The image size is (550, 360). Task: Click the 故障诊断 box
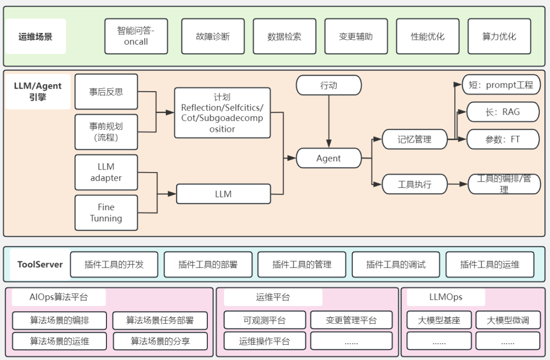click(x=213, y=37)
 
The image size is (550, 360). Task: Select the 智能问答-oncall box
click(x=136, y=37)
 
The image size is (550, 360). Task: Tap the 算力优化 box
click(x=499, y=37)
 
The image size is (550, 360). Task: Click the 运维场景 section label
click(x=35, y=37)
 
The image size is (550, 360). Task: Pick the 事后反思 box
click(x=106, y=92)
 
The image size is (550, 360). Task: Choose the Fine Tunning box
click(x=106, y=213)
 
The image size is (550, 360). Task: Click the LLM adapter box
click(x=106, y=173)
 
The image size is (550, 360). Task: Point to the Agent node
click(x=328, y=158)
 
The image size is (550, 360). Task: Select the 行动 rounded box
click(x=328, y=86)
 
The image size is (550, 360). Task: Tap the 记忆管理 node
click(x=415, y=139)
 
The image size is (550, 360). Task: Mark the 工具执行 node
click(x=415, y=184)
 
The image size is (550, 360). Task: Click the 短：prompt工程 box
click(x=501, y=85)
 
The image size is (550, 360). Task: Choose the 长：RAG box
click(x=503, y=112)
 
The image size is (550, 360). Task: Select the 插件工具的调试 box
click(x=396, y=264)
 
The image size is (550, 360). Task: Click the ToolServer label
click(x=40, y=264)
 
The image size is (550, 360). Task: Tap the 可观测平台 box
click(x=264, y=320)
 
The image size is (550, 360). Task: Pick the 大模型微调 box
click(x=507, y=320)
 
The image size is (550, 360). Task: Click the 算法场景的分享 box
click(x=160, y=341)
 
